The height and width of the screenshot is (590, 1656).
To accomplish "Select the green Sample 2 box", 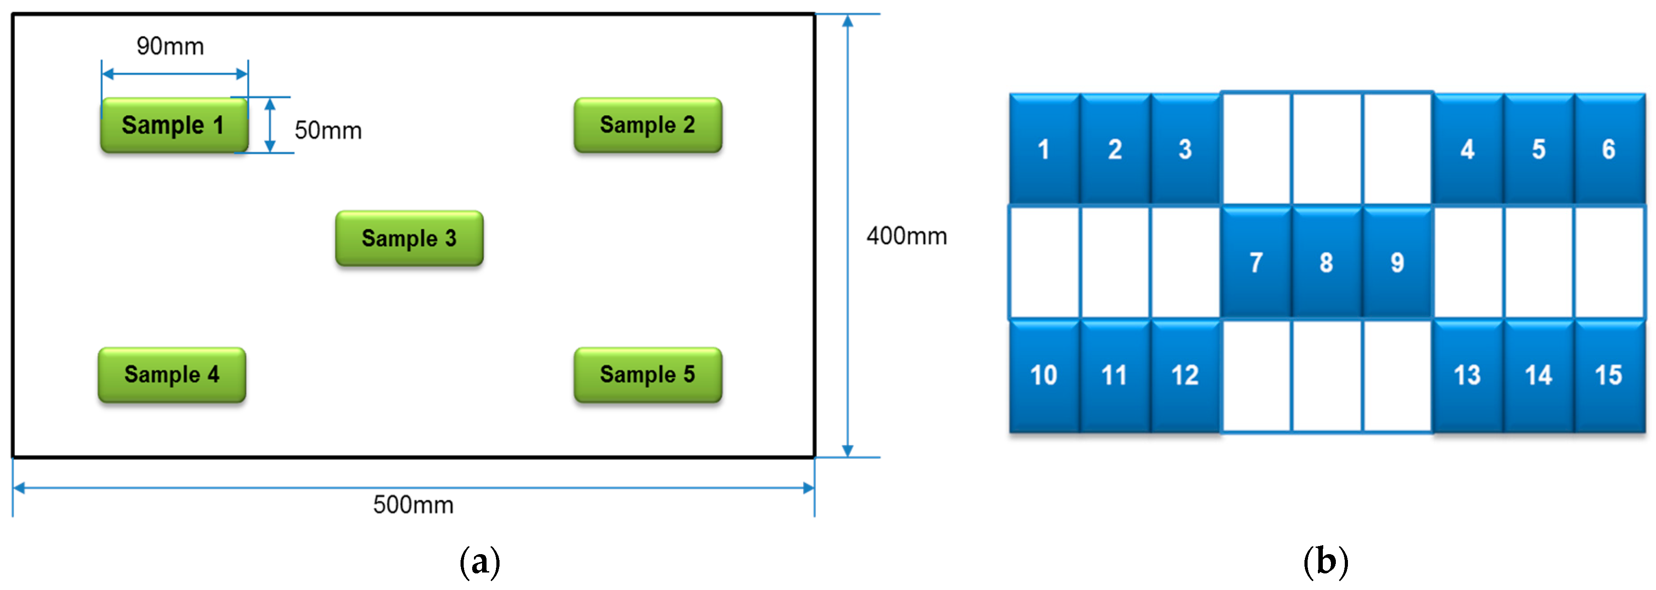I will (x=648, y=125).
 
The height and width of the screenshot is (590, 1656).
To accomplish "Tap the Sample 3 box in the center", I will (x=409, y=239).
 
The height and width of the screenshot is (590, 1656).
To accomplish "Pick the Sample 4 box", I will (x=172, y=375).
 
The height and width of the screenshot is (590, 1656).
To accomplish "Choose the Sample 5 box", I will (x=648, y=375).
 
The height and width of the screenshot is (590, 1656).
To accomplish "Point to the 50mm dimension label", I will (x=328, y=130).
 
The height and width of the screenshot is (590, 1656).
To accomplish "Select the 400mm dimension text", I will (x=906, y=236).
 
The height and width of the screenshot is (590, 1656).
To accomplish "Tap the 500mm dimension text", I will (x=413, y=504).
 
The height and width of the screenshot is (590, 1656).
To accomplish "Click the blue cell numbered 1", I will (x=1043, y=149).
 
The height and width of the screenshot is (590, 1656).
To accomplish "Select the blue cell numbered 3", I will (x=1185, y=149).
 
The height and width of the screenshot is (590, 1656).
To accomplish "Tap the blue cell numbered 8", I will (x=1326, y=262).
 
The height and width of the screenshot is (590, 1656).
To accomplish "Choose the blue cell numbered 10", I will (x=1043, y=375).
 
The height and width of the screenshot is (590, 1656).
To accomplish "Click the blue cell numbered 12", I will (x=1185, y=375).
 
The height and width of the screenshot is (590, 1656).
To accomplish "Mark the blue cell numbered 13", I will (x=1467, y=375).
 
